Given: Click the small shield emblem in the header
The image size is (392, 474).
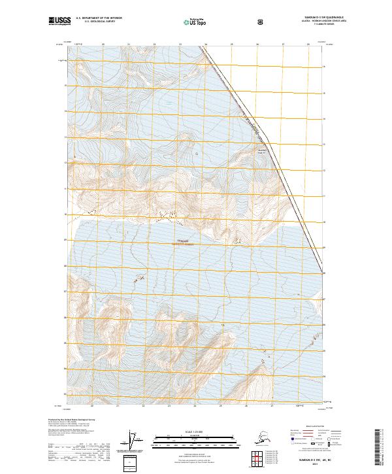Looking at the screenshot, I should pos(261,22).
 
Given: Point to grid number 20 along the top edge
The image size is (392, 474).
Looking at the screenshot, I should pos(104,45).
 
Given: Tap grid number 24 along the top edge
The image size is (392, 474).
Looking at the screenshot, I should pos(206,45).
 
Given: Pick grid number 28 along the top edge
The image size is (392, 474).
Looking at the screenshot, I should pos(308,45).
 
